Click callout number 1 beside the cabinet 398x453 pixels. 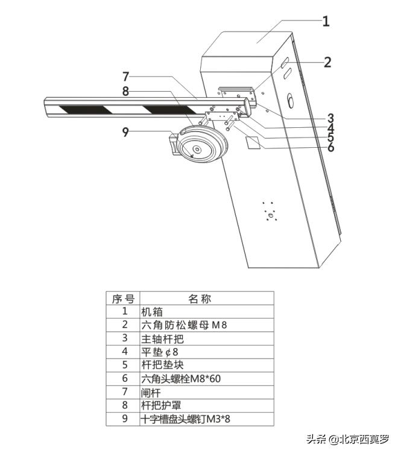point(326,22)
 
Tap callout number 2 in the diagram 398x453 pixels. point(327,62)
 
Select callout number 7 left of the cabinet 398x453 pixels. point(125,77)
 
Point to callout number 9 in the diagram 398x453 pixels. point(125,131)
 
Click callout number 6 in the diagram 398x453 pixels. point(331,146)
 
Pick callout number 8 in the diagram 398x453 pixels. point(125,92)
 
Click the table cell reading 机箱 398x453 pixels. point(152,312)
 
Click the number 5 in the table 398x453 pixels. point(124,365)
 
